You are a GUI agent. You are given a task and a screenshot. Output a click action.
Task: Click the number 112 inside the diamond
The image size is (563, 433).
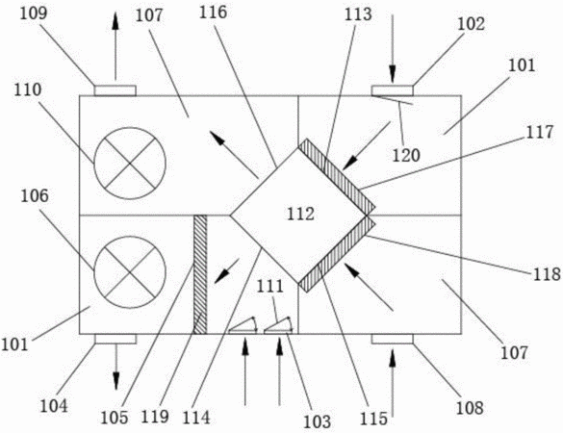[x=300, y=214]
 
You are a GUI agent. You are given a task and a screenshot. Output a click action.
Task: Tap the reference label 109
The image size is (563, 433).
[x=34, y=13]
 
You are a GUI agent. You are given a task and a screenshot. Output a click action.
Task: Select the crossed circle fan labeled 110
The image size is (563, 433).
[x=130, y=164]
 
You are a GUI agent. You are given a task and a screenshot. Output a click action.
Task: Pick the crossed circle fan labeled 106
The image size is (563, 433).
[x=130, y=272]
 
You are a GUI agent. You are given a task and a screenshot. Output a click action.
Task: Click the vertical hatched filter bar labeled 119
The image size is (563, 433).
[x=200, y=274]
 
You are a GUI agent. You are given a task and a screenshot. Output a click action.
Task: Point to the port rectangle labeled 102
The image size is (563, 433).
[x=392, y=90]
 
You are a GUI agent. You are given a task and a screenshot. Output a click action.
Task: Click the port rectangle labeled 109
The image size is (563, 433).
[x=115, y=90]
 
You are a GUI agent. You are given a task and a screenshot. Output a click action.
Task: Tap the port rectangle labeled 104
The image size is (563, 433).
[x=115, y=339]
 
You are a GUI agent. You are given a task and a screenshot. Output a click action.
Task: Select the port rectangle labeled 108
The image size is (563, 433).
[x=392, y=339]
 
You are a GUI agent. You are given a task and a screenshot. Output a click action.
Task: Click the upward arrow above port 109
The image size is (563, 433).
[x=115, y=45]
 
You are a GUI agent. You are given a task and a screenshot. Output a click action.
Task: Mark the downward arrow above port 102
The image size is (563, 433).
[x=393, y=48]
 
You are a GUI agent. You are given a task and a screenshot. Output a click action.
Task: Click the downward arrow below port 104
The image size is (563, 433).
[x=115, y=367]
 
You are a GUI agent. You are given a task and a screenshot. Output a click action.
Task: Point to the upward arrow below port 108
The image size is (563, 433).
[x=393, y=384]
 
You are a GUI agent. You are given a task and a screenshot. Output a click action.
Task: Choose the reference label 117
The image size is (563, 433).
[x=540, y=132]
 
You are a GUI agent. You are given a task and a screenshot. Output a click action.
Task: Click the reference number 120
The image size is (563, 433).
[x=406, y=156]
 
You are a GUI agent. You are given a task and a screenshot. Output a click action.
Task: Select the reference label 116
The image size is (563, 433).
[x=214, y=13]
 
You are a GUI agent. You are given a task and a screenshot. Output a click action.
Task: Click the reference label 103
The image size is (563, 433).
[x=317, y=421]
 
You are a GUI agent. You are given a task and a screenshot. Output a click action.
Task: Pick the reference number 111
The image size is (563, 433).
[x=270, y=287]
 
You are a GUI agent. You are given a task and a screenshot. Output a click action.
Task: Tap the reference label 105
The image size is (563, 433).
[x=115, y=418]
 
